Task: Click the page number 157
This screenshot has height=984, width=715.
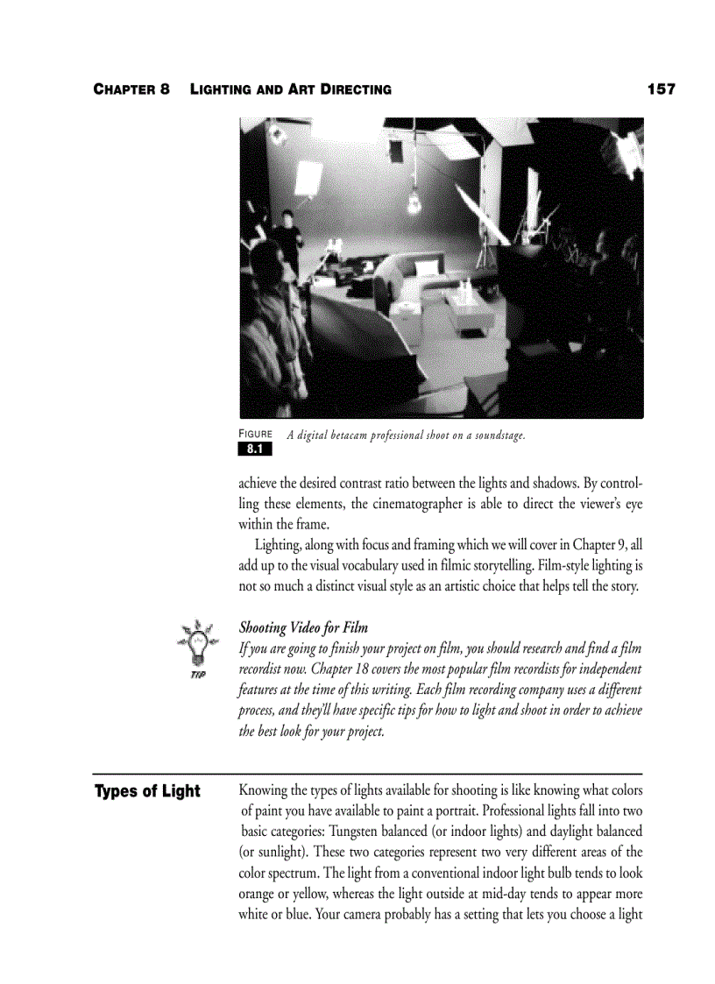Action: point(661,89)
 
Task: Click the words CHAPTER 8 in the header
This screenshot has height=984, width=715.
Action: point(131,89)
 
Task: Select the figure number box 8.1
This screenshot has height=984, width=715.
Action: point(255,450)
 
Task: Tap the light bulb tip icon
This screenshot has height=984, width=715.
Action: point(195,646)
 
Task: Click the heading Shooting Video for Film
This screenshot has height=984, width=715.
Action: point(303,627)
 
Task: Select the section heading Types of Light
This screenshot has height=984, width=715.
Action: point(147,792)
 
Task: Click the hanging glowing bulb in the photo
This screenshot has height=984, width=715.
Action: point(412,203)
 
